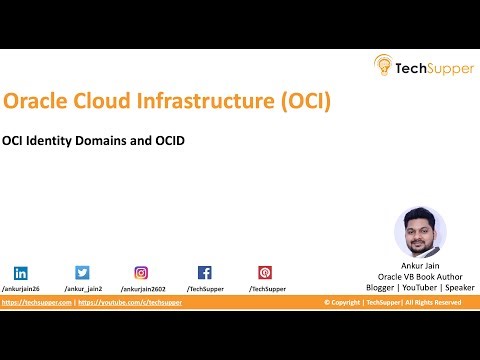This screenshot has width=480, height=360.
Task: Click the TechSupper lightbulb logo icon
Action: click(384, 66)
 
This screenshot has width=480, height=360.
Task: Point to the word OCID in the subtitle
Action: click(169, 140)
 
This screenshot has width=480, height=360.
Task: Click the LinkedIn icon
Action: click(21, 272)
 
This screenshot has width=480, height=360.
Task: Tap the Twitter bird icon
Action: click(82, 272)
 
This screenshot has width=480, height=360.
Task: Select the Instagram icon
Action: click(142, 272)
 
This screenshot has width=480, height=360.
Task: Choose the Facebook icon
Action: click(204, 272)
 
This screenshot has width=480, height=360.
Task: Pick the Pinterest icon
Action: click(265, 272)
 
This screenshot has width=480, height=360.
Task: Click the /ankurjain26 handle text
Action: click(21, 288)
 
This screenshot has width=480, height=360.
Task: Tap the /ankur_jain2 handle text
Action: click(81, 288)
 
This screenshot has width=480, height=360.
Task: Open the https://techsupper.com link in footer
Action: click(35, 302)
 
